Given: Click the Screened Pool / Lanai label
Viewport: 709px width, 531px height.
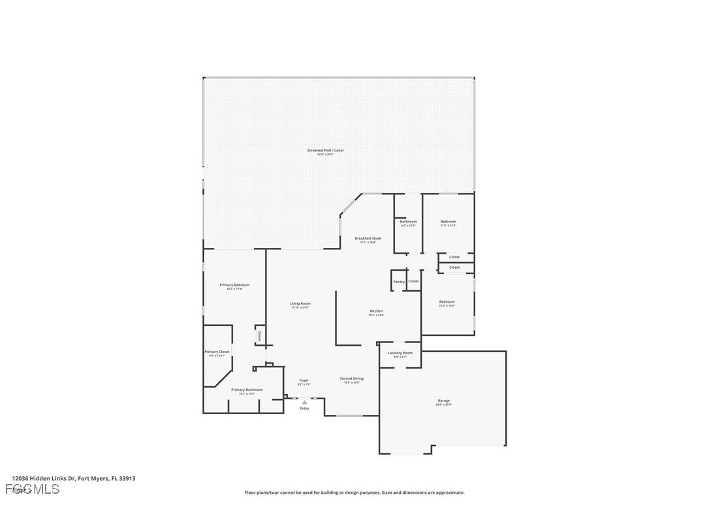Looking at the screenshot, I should click(325, 151).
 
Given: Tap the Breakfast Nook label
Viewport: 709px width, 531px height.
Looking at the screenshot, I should click(368, 239).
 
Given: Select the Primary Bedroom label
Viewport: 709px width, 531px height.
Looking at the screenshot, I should click(234, 285).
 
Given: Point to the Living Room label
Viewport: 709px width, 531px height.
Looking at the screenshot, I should click(300, 303).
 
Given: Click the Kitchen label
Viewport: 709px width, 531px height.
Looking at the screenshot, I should click(376, 311).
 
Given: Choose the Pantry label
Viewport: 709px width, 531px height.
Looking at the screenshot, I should click(399, 282).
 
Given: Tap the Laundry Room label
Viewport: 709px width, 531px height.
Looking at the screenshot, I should click(400, 353).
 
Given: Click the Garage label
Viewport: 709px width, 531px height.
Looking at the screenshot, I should click(444, 401).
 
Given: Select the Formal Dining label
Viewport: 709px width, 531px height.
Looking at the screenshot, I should click(352, 378).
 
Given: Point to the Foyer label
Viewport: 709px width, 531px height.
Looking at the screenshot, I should click(304, 380).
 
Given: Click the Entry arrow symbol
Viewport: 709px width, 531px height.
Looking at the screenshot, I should click(304, 402).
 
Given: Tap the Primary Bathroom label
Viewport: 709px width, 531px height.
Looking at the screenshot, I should click(247, 389).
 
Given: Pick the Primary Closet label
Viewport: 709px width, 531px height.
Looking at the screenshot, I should click(217, 352).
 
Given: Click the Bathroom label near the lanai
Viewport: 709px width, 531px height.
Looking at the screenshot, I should click(409, 222).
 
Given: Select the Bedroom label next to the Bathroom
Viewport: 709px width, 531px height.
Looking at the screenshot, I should click(449, 222).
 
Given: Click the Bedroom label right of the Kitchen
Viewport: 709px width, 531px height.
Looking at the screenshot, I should click(447, 301).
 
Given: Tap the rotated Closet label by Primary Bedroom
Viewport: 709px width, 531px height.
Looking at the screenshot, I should click(259, 336).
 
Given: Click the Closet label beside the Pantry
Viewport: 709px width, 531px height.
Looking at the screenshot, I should click(413, 281).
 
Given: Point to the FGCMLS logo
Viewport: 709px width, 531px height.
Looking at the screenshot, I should click(33, 489).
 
